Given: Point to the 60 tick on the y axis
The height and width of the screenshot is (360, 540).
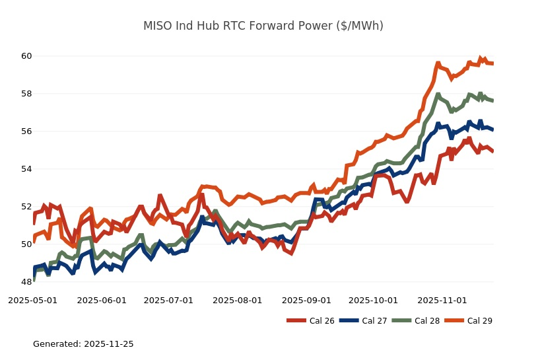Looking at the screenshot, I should pyautogui.click(x=26, y=56).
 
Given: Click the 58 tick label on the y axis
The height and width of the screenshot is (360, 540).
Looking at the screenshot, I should pyautogui.click(x=26, y=94).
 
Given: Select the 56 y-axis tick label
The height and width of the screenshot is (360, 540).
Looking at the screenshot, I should pyautogui.click(x=26, y=131).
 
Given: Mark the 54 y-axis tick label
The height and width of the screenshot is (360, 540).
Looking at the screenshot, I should pyautogui.click(x=26, y=169).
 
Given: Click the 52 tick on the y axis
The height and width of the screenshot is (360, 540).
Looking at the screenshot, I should pyautogui.click(x=26, y=207).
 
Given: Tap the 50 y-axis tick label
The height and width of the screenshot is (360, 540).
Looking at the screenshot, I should pyautogui.click(x=26, y=244).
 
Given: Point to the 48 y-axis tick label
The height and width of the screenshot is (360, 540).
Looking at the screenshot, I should pyautogui.click(x=26, y=282).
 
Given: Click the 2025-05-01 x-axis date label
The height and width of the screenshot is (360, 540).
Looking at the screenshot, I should pyautogui.click(x=32, y=300).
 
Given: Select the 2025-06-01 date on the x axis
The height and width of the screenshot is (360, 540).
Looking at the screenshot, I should pyautogui.click(x=102, y=300).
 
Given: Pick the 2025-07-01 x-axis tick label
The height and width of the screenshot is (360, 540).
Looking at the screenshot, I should pyautogui.click(x=169, y=300).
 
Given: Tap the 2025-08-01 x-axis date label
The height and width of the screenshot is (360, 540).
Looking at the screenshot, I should pyautogui.click(x=238, y=300).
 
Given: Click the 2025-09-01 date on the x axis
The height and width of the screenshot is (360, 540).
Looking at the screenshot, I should pyautogui.click(x=307, y=300).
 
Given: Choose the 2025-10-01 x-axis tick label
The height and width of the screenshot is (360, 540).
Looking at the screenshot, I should pyautogui.click(x=374, y=300).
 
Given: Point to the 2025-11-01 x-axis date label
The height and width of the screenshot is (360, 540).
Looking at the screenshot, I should pyautogui.click(x=443, y=300).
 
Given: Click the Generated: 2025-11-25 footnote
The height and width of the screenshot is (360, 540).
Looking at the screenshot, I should pyautogui.click(x=83, y=344).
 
